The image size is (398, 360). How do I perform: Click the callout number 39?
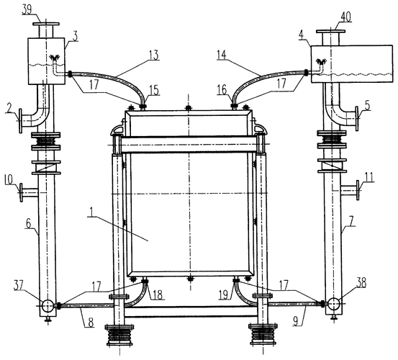[27, 10]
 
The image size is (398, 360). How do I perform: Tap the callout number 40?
[345, 17]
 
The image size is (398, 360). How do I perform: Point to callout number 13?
[154, 55]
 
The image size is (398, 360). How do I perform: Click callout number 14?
[222, 55]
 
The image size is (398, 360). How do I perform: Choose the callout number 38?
[361, 282]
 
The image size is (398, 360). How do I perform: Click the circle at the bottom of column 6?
[48, 305]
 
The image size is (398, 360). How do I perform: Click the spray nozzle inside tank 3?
[55, 58]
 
